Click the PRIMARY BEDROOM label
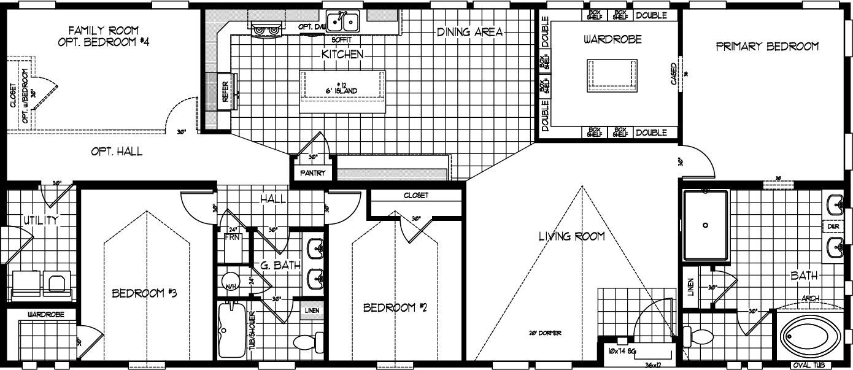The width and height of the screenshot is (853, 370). [766, 47]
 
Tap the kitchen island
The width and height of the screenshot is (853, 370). [342, 91]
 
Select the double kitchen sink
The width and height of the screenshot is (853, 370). [342, 23]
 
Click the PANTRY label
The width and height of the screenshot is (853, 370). [313, 174]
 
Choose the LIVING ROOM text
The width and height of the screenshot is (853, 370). [571, 236]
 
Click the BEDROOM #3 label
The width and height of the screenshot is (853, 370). [144, 293]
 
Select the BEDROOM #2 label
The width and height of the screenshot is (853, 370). [395, 307]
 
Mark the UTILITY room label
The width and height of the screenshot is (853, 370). [41, 220]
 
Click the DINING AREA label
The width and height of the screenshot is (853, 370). [470, 32]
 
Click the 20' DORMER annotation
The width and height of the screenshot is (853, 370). [544, 333]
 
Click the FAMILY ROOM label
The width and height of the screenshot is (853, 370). [104, 29]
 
